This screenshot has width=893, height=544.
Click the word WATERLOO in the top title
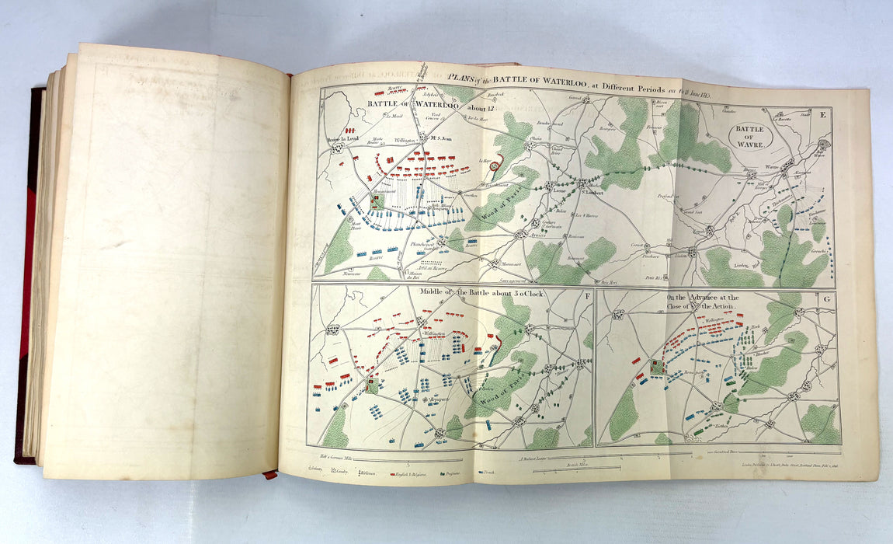(x=560, y=79)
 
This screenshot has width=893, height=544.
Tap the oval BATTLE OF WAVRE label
(x=751, y=137)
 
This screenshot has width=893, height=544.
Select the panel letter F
(x=582, y=295)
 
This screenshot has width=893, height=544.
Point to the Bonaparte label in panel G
(x=697, y=375)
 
